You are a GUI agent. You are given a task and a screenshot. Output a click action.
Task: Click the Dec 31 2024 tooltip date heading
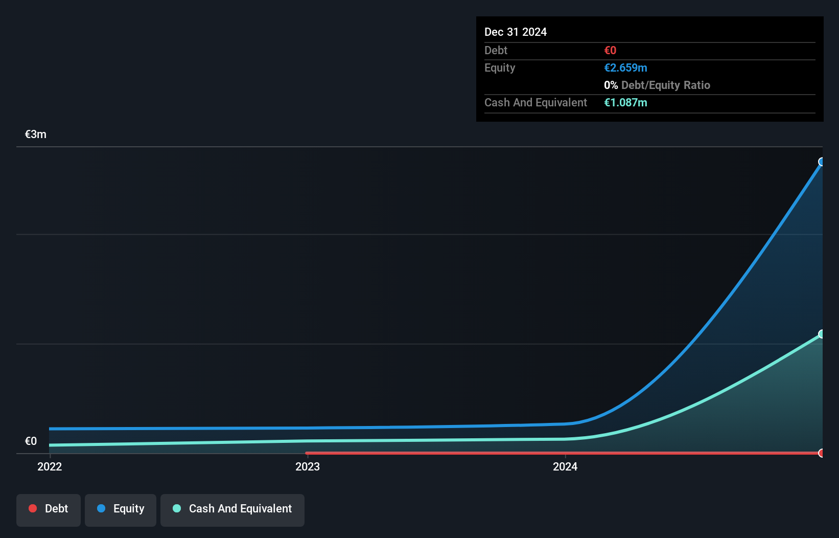(x=515, y=32)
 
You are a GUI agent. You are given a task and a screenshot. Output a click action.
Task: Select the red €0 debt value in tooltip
(x=610, y=50)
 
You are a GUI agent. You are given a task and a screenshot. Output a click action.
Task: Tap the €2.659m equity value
(x=625, y=68)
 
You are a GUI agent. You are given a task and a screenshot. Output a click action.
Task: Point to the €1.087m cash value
(x=625, y=102)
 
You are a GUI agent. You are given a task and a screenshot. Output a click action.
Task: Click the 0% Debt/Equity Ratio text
(x=657, y=85)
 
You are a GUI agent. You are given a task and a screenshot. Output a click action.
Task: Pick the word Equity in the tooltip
(x=499, y=68)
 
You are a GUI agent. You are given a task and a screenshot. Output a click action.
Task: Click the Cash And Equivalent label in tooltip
(x=535, y=102)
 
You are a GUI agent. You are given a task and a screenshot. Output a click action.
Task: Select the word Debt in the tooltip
(x=496, y=50)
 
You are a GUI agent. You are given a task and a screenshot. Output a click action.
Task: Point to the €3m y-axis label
(x=36, y=134)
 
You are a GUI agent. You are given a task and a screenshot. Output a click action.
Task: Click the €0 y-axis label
(x=31, y=441)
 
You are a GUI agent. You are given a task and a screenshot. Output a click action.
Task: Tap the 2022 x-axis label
(x=50, y=466)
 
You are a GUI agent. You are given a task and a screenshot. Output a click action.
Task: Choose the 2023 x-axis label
(x=308, y=466)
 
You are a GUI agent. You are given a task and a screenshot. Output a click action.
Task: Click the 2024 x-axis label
(x=565, y=466)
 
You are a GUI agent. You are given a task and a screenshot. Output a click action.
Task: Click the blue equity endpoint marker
(x=822, y=162)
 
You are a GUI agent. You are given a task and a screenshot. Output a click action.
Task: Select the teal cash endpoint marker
(x=822, y=334)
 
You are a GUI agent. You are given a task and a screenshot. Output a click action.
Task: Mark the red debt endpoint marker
(x=822, y=453)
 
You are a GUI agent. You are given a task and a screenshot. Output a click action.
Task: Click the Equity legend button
(x=121, y=509)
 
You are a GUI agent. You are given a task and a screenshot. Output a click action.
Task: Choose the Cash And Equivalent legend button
(x=232, y=509)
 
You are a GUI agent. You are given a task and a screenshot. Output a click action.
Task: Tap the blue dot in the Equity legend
(x=101, y=508)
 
